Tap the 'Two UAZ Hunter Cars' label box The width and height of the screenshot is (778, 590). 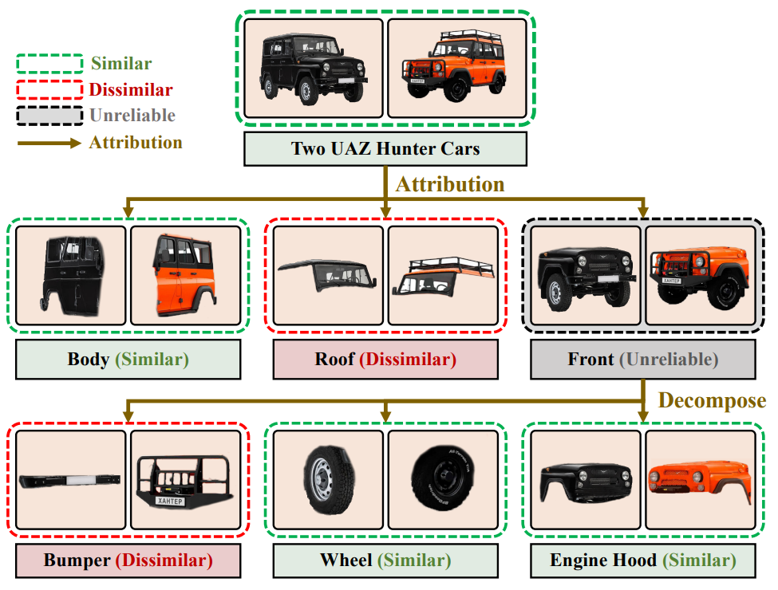[385, 149]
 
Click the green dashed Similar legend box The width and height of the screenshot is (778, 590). [49, 64]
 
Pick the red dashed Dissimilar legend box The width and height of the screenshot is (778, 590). [49, 89]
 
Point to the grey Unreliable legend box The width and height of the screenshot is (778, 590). [49, 116]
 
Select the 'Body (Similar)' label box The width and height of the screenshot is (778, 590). [128, 360]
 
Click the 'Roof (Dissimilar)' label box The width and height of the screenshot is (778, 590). [385, 360]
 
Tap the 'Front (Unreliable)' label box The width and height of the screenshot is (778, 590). [643, 360]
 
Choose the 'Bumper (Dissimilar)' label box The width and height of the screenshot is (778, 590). [128, 560]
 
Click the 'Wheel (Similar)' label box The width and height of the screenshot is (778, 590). [385, 560]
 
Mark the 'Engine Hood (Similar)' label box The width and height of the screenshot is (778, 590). [643, 560]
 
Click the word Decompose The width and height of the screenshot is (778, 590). [712, 400]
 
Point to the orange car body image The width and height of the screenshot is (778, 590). [185, 275]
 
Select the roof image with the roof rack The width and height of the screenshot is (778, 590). [443, 275]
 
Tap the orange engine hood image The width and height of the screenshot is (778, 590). [700, 482]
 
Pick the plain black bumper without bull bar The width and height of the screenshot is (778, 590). [71, 481]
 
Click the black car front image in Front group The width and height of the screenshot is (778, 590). [586, 275]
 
